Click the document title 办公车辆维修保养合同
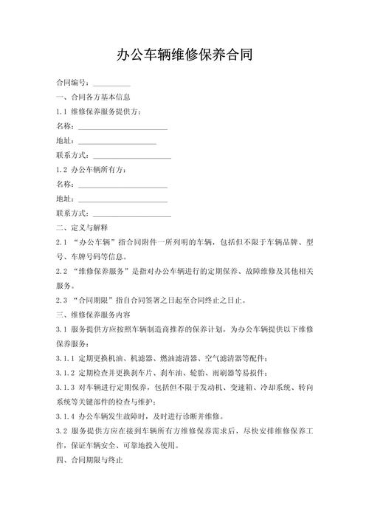point(184,55)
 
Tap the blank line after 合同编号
point(111,83)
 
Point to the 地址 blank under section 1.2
point(122,199)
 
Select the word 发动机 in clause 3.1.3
point(220,387)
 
